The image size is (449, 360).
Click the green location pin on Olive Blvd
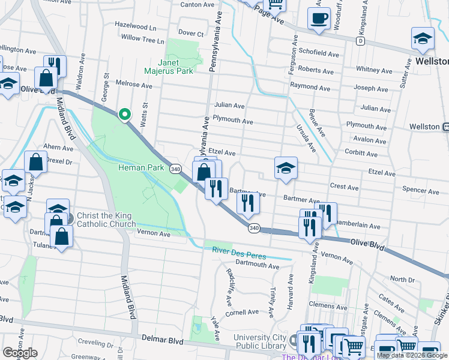pos(124,113)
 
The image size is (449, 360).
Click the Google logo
pos(20,353)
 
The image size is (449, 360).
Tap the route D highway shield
pos(360,41)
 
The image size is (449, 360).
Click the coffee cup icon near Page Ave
pos(319,18)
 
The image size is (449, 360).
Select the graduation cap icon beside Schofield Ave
pos(423,38)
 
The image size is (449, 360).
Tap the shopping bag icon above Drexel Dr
pos(35,162)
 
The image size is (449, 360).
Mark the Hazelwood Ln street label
pos(135,27)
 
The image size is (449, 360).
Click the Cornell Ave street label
pos(242,313)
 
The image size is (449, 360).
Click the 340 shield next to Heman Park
pos(175,169)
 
